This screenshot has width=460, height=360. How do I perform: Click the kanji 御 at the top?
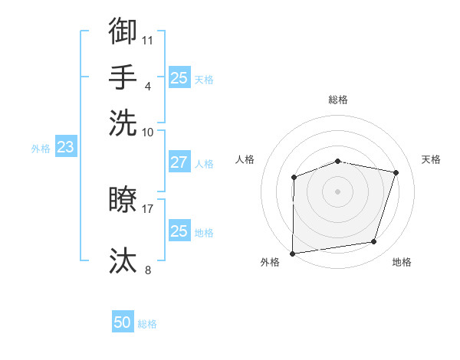pyautogui.click(x=123, y=31)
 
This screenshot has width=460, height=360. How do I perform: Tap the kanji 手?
pyautogui.click(x=123, y=77)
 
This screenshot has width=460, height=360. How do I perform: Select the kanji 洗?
pyautogui.click(x=123, y=123)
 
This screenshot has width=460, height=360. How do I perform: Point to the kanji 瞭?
pyautogui.click(x=123, y=200)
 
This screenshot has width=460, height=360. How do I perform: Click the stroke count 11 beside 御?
pyautogui.click(x=149, y=39)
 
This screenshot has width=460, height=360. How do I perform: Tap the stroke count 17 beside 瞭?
pyautogui.click(x=148, y=208)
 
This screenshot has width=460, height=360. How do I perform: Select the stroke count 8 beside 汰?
pyautogui.click(x=148, y=269)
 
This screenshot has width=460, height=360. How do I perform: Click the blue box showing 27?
pyautogui.click(x=179, y=162)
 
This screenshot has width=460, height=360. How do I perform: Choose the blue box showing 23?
pyautogui.click(x=65, y=147)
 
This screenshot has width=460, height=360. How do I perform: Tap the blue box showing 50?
pyautogui.click(x=123, y=322)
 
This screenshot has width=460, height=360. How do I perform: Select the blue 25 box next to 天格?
pyautogui.click(x=179, y=77)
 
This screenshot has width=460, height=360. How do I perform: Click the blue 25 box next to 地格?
pyautogui.click(x=179, y=231)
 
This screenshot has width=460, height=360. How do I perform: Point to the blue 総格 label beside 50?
pyautogui.click(x=148, y=324)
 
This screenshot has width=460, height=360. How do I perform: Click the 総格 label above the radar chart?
pyautogui.click(x=338, y=100)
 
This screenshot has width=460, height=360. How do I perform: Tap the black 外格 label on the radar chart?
pyautogui.click(x=270, y=263)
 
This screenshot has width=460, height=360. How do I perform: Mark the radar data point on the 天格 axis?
pyautogui.click(x=396, y=172)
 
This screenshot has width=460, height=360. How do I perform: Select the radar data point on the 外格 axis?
pyautogui.click(x=293, y=253)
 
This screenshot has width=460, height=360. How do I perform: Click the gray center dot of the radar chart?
pyautogui.click(x=338, y=191)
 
